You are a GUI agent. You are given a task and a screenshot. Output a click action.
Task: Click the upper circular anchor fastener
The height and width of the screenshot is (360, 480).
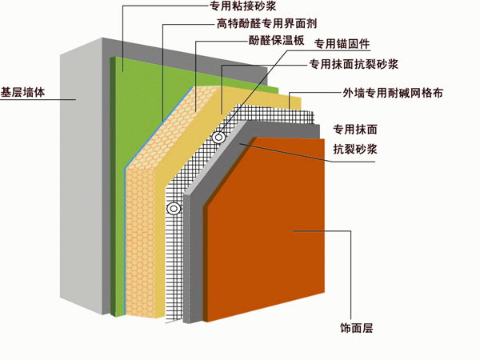217,138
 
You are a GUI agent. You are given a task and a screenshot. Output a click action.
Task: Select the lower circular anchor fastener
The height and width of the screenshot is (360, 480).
172,209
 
